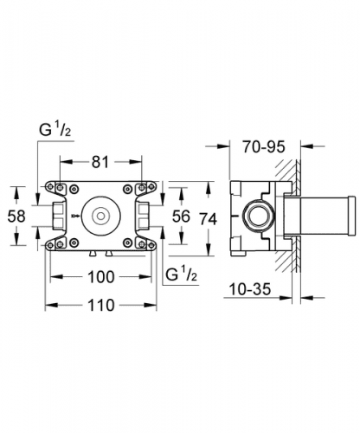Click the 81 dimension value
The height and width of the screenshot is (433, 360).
(x=100, y=162)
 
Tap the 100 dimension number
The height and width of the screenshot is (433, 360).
(x=101, y=277)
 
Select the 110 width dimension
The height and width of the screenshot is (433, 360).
(x=101, y=306)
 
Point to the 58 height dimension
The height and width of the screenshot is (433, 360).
(x=16, y=216)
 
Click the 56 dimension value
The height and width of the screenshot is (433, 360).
(x=181, y=216)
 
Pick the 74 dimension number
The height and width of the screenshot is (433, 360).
(x=209, y=219)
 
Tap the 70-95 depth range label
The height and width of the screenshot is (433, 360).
(x=263, y=146)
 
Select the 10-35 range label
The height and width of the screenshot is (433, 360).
(x=250, y=289)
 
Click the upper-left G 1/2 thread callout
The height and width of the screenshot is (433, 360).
(x=55, y=130)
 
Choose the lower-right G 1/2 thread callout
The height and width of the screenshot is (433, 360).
(x=181, y=275)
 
